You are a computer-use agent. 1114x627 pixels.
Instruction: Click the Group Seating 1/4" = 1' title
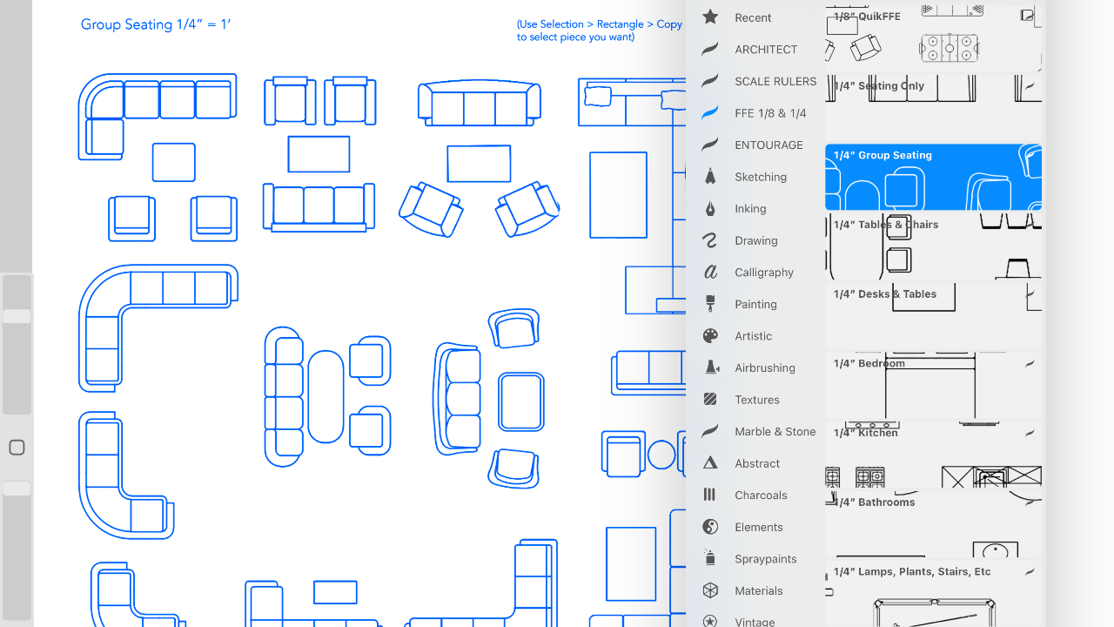click(156, 24)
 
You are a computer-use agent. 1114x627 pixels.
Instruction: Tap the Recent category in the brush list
click(753, 18)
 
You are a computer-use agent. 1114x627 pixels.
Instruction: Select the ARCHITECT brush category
click(766, 50)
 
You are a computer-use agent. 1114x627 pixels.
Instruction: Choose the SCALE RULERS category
click(775, 82)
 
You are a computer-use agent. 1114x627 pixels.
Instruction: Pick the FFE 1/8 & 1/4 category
click(770, 113)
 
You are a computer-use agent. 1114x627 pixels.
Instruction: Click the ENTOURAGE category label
click(768, 145)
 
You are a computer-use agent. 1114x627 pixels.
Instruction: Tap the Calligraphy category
click(764, 273)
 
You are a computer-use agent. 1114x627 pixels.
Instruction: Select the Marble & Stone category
click(775, 432)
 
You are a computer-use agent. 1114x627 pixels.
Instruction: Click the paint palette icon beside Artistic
click(710, 336)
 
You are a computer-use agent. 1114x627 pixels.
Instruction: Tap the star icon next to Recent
click(710, 17)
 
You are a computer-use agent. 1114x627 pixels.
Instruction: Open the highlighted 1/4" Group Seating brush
click(933, 177)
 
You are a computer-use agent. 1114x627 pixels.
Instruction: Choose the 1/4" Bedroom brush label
click(869, 364)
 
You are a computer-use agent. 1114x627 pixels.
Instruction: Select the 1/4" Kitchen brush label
click(866, 433)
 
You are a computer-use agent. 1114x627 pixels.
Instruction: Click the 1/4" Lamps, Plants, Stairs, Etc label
click(912, 572)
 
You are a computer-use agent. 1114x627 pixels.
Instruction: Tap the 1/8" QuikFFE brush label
click(867, 17)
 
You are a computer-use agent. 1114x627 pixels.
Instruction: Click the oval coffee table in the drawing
click(325, 396)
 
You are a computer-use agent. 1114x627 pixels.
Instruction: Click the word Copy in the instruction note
click(669, 25)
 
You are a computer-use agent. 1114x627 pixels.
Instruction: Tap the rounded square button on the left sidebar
click(17, 448)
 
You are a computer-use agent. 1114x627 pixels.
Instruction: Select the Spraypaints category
click(766, 559)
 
